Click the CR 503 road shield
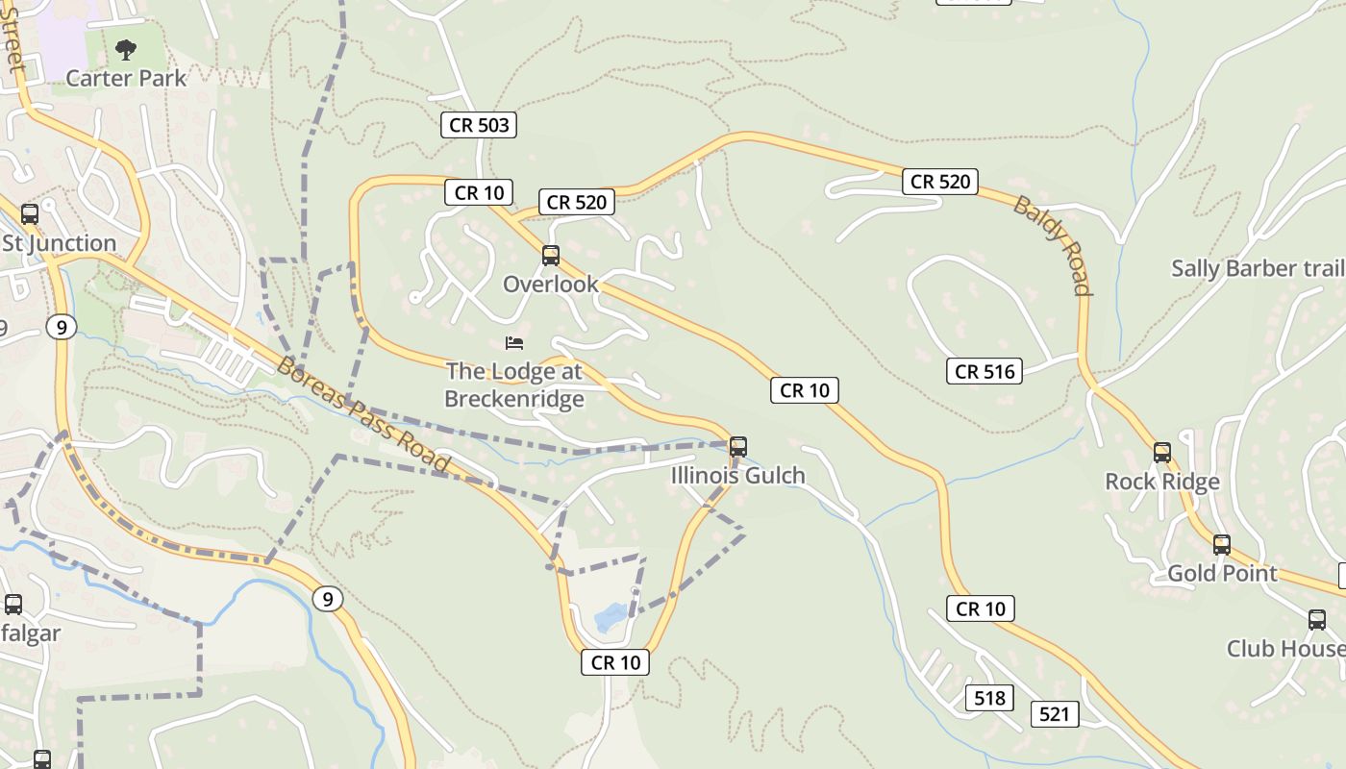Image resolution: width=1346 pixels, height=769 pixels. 479,124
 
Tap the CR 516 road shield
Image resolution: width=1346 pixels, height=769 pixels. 985,371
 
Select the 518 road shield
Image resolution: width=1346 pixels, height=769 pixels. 989,698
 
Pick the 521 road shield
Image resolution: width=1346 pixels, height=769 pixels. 1054,714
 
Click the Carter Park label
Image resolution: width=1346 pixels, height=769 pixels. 126,78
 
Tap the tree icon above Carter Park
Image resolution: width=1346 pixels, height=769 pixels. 126,49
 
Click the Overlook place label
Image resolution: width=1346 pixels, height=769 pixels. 551,285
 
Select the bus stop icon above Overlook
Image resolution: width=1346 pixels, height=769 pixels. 551,256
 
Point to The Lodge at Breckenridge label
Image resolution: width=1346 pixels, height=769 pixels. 514,384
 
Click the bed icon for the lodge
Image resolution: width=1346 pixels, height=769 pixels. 514,343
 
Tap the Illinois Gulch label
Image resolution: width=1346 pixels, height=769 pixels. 738,476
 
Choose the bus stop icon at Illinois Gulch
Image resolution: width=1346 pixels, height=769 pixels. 738,447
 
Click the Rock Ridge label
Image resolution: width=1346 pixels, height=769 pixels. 1162,482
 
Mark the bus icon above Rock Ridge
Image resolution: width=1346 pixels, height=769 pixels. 1162,453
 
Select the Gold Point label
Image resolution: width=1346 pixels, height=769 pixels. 1222,574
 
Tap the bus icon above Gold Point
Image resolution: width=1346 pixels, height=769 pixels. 1222,545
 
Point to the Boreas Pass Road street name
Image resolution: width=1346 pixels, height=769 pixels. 363,414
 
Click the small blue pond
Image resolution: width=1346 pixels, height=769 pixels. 611,616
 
